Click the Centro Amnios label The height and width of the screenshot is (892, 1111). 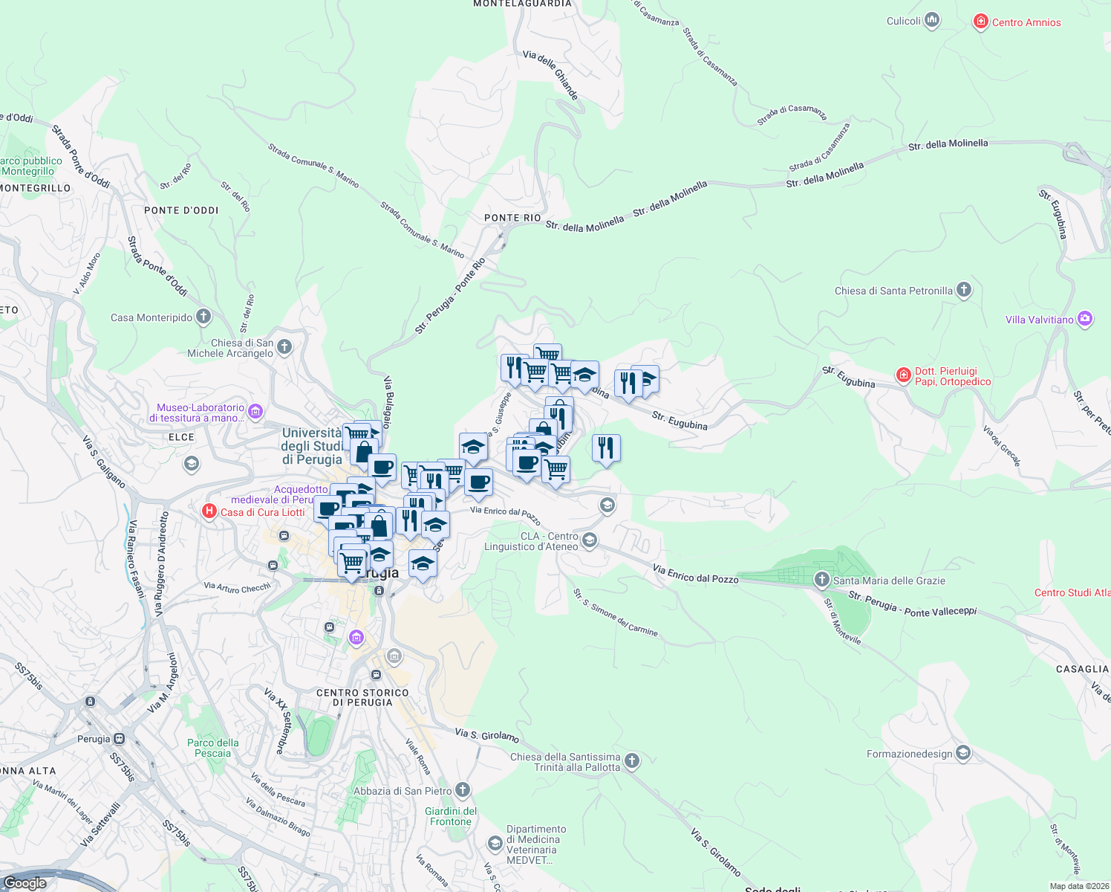coord(1026,22)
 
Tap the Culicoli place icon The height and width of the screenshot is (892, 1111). coord(932,21)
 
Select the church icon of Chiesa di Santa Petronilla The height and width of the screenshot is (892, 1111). coord(963,290)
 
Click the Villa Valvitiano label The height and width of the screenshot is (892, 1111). coord(1039,320)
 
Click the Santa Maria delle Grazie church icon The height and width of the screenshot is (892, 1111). coord(821,580)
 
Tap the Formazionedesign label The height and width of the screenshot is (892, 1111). coord(909,754)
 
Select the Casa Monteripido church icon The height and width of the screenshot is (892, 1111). coord(203,317)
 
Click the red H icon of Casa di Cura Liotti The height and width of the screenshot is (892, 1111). coord(209,511)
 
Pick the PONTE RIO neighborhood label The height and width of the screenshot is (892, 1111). coord(512,218)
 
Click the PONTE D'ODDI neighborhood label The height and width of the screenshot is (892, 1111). coord(181,210)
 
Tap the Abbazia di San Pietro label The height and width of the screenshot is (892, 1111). coord(403,791)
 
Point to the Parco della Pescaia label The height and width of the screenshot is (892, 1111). coord(213,748)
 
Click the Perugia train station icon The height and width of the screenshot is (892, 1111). coord(119,739)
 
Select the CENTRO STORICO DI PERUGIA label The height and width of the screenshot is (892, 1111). coord(362,697)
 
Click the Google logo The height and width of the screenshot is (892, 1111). coord(25,882)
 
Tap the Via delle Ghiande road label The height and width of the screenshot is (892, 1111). coord(550,75)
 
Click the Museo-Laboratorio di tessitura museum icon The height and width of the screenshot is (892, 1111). coord(255,411)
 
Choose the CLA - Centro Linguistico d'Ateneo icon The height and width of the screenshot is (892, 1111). coord(590,540)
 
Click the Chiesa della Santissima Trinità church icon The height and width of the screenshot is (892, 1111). coord(631,760)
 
